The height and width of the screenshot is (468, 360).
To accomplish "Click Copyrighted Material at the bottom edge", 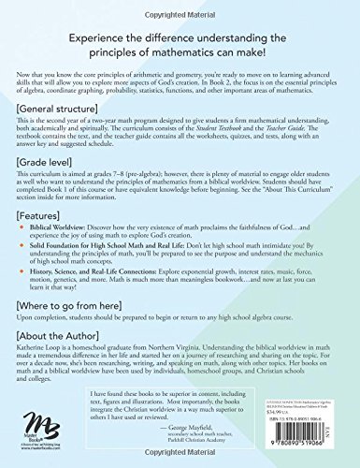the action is (180, 463).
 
